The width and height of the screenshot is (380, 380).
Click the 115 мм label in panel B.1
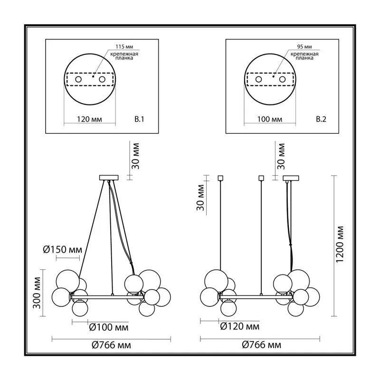tap(124, 47)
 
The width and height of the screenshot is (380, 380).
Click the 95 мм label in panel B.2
tap(304, 47)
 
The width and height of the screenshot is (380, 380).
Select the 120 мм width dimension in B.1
tap(89, 119)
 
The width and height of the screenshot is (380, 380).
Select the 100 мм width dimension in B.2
tap(270, 119)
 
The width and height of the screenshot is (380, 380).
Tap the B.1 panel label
tap(139, 119)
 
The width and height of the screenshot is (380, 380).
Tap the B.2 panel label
tap(321, 119)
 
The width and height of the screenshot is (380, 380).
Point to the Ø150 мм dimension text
tap(63, 250)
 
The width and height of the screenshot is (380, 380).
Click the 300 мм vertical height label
tap(37, 293)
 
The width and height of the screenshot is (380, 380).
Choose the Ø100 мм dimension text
tap(109, 327)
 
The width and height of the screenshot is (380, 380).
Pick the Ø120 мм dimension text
tap(240, 326)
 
